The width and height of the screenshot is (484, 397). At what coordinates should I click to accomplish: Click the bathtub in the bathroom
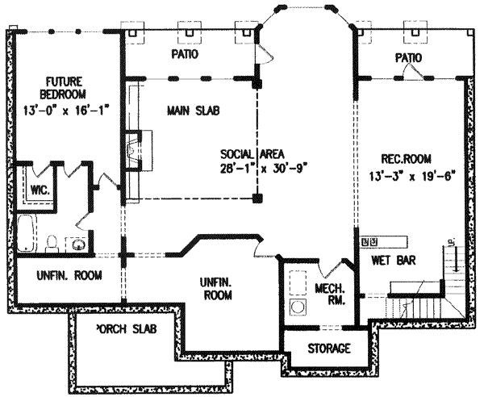point(27,235)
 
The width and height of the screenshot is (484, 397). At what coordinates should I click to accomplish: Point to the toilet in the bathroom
point(52,241)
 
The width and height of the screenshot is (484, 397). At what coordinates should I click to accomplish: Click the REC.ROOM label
point(390,159)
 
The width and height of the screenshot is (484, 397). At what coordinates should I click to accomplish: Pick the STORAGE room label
point(328,349)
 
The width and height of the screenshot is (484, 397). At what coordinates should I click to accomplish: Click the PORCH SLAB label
point(125,329)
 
